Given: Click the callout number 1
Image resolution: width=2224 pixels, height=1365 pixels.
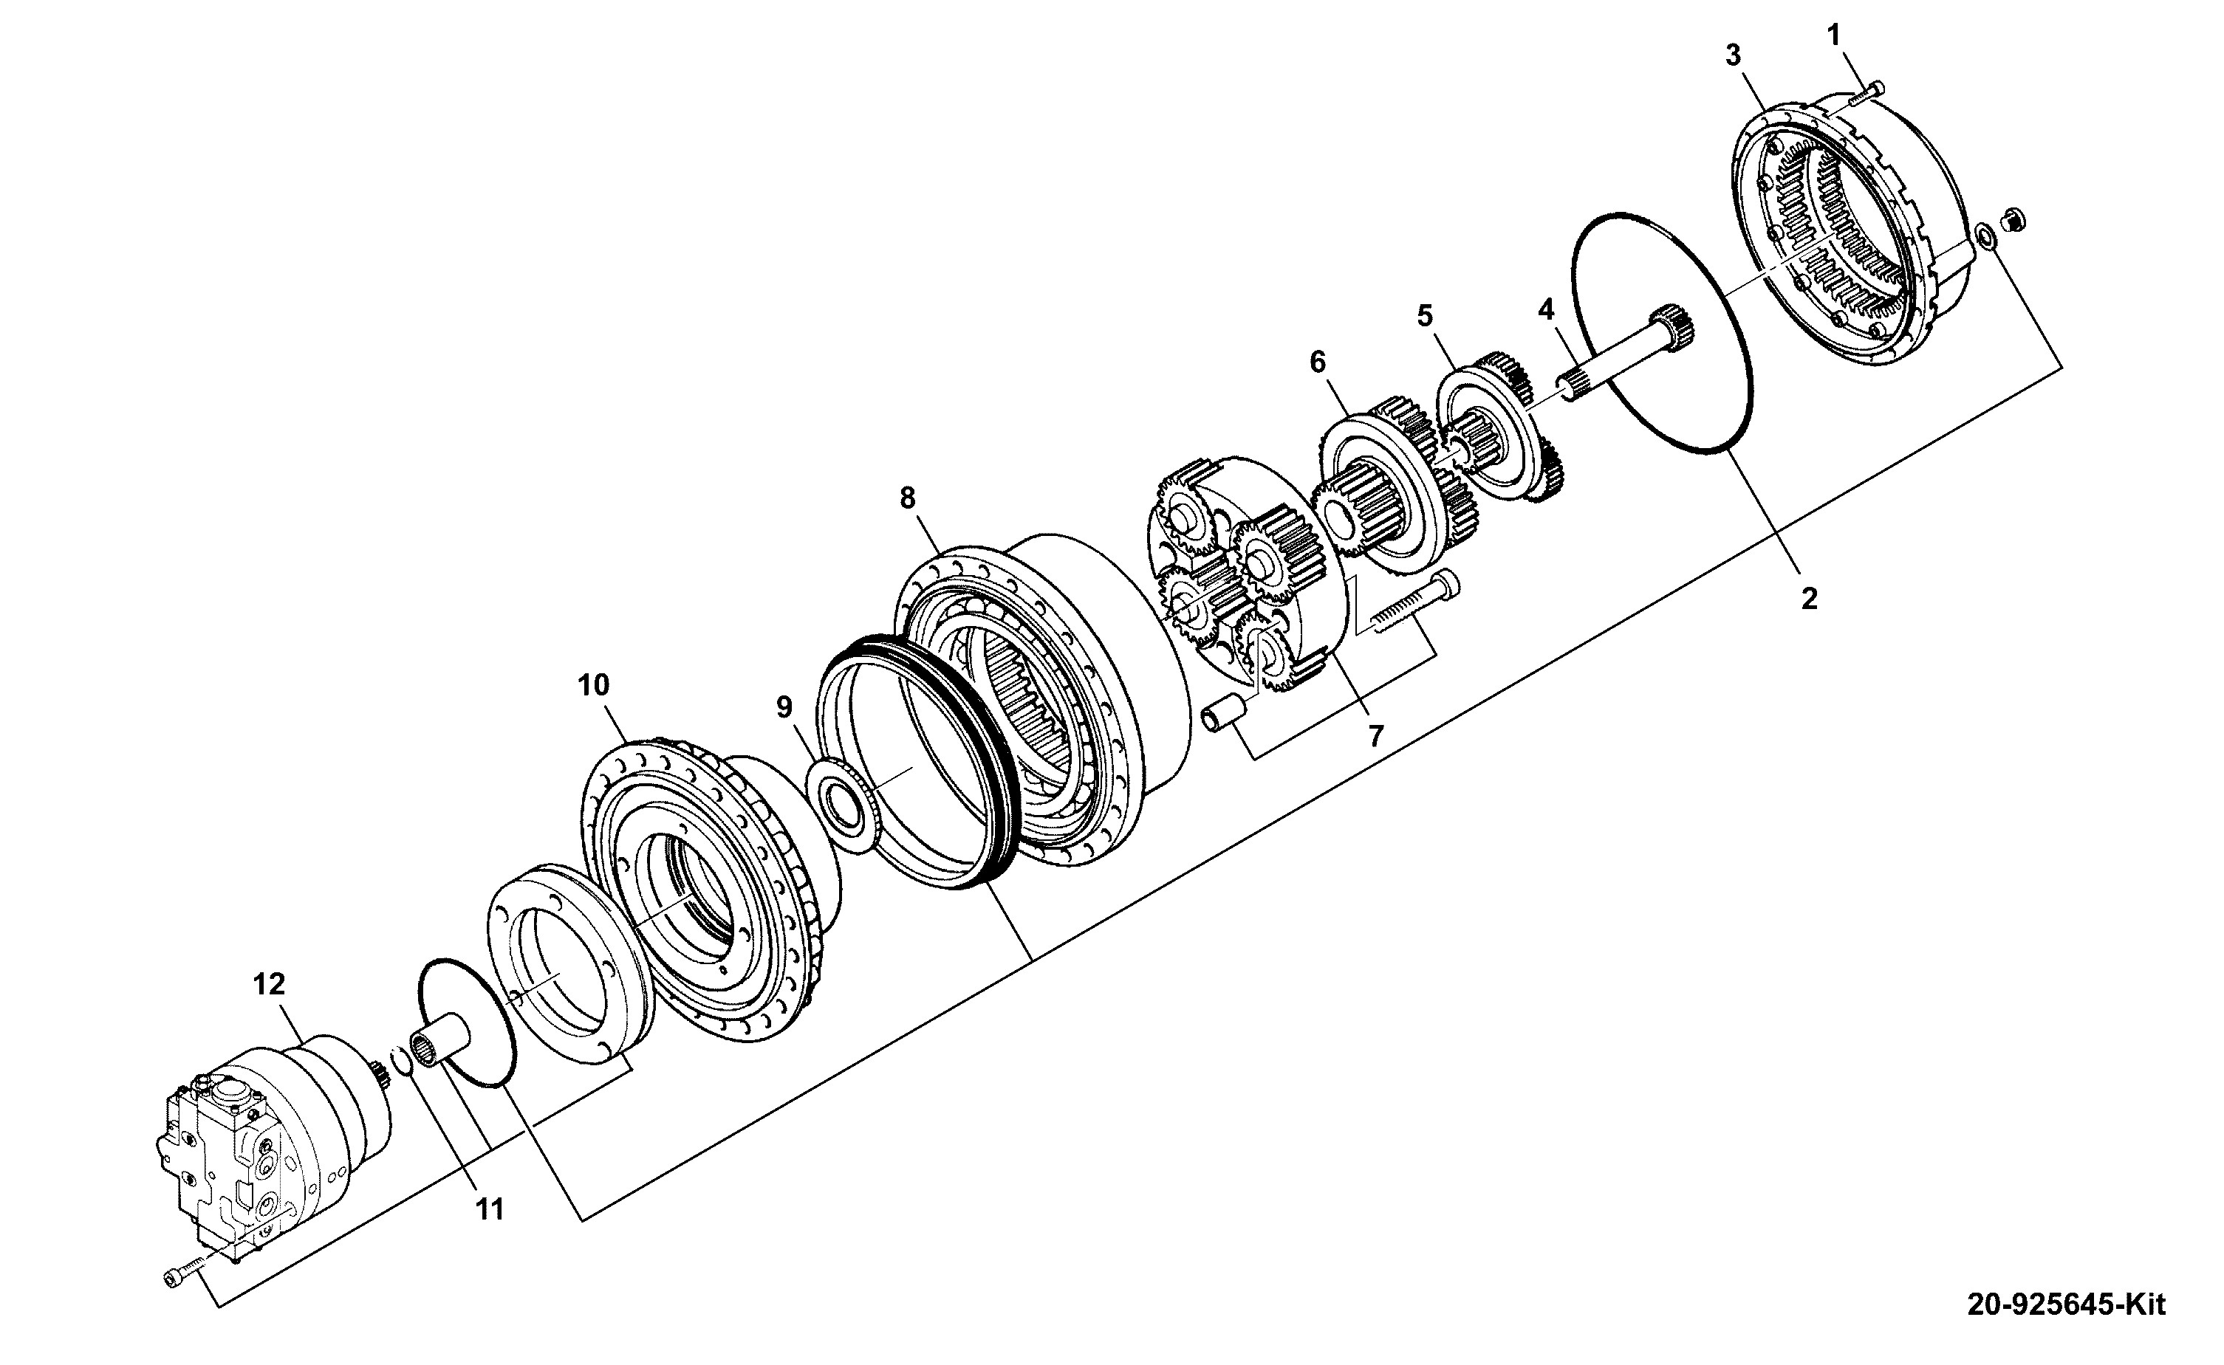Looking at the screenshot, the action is pos(1833,35).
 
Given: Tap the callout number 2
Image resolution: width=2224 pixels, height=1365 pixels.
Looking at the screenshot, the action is pos(1809,598).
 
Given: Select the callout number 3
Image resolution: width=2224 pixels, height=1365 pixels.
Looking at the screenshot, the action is pos(1733,56).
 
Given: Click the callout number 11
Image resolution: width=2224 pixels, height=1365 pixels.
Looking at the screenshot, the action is pos(490,1208).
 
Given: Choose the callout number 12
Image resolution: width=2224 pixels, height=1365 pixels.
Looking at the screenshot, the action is pos(269,984).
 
